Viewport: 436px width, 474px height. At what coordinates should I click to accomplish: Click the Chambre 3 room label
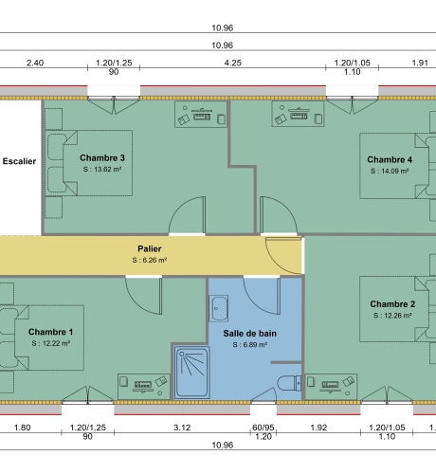point(102,157)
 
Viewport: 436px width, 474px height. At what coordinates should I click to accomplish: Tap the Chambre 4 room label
point(390,159)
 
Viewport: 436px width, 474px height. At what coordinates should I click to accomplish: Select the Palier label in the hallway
point(150,248)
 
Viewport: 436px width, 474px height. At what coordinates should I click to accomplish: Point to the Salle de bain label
point(250,334)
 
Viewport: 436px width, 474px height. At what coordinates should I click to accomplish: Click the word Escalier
point(19,161)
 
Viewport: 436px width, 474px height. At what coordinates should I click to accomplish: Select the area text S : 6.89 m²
point(250,346)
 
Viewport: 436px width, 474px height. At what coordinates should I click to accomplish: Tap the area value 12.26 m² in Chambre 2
point(392,316)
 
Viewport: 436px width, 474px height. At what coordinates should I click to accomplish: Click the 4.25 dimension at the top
point(232,63)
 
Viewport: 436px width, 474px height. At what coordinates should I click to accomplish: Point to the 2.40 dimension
point(34,63)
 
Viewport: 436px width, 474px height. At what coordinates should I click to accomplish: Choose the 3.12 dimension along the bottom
point(183,428)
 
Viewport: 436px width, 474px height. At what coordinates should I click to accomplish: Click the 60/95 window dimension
point(263,428)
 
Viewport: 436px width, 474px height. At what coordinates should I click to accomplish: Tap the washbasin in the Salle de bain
point(220,308)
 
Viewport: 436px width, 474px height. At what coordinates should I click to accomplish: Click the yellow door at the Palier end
point(283,254)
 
